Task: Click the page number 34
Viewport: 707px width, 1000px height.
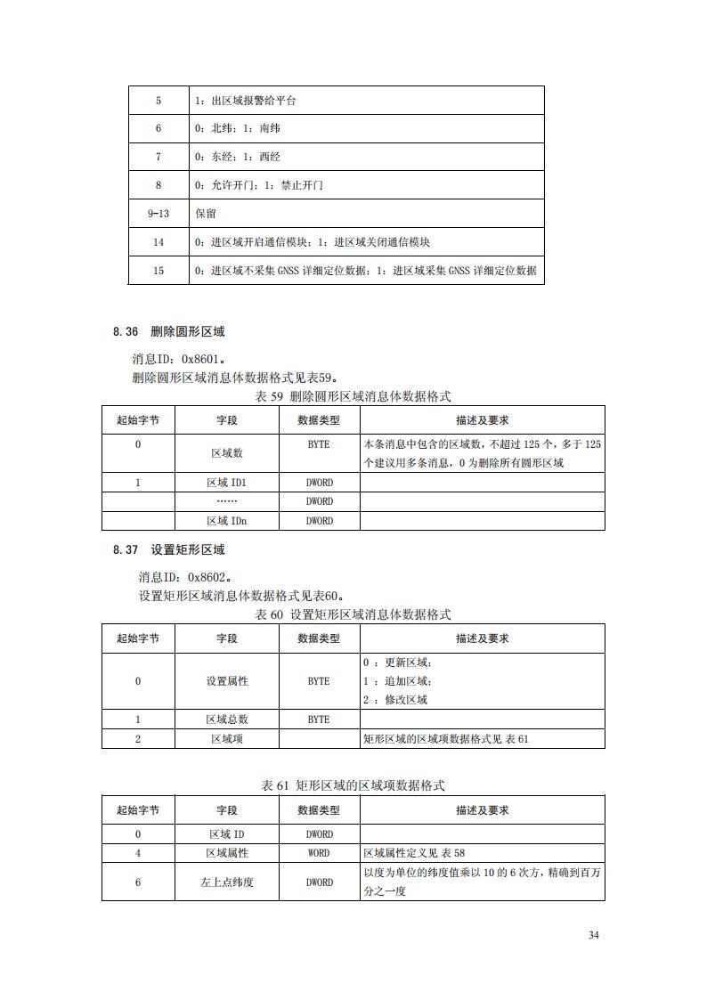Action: [x=594, y=935]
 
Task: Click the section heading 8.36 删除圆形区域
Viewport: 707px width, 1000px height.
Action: [x=168, y=331]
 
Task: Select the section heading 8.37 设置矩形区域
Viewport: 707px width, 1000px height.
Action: [x=168, y=549]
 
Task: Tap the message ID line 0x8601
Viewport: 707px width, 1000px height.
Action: [x=178, y=359]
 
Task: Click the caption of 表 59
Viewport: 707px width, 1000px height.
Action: [x=353, y=395]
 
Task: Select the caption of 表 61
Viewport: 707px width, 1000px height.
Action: [x=353, y=785]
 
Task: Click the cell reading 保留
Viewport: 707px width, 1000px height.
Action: [x=206, y=214]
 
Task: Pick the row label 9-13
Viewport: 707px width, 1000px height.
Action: [x=158, y=214]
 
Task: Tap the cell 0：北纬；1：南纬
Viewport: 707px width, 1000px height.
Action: [x=238, y=128]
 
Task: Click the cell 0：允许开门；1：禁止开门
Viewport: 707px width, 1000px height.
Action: [x=258, y=185]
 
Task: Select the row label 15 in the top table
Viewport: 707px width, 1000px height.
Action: [x=158, y=271]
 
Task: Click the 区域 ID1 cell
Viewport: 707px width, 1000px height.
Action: [x=226, y=483]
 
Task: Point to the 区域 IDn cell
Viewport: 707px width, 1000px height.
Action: [x=226, y=521]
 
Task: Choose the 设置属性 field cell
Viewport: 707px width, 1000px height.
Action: [x=227, y=681]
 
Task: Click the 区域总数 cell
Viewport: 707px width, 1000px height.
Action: [x=227, y=720]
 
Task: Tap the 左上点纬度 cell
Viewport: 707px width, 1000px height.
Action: [x=227, y=882]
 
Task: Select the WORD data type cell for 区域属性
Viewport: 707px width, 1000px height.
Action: [x=319, y=853]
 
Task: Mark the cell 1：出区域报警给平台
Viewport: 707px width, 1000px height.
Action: [x=246, y=101]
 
